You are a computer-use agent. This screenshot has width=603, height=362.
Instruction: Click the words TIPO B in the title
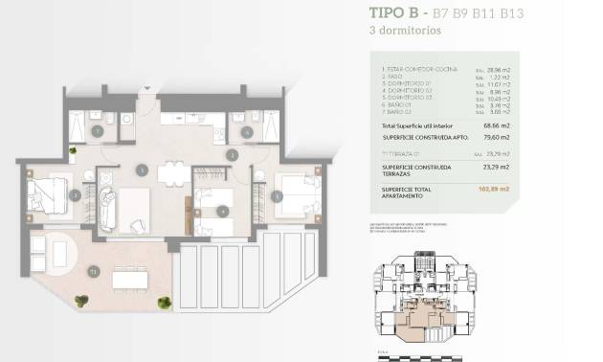point(396,12)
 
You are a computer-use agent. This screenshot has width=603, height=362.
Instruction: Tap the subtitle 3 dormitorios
point(404,30)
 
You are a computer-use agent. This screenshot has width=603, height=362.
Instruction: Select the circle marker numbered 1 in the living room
point(142,170)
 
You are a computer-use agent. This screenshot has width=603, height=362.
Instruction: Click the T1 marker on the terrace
point(93,273)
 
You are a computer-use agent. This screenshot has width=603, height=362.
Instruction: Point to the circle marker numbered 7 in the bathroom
point(97,130)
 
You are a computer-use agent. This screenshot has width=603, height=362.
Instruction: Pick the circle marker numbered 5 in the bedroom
point(278,196)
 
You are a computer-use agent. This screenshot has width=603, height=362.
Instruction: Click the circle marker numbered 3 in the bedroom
point(76,194)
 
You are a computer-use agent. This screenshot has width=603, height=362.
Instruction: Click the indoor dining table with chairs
point(173,174)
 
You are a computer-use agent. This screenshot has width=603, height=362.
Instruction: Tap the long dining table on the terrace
point(129,279)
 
